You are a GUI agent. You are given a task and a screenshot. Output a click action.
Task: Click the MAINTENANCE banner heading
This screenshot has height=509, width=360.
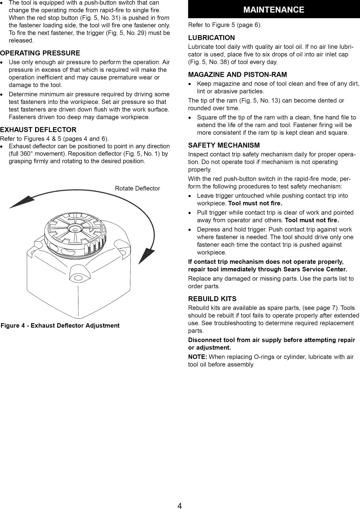274,10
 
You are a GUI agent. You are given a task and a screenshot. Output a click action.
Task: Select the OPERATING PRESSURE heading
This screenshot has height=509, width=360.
40,53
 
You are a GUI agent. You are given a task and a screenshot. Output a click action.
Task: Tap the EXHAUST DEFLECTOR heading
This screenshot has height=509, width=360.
38,130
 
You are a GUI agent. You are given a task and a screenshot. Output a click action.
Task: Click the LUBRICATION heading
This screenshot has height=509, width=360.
211,38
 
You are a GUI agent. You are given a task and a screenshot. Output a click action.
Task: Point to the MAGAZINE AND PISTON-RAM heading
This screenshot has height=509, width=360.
237,74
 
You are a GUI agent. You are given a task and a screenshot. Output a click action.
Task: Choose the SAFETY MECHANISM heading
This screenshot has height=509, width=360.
224,145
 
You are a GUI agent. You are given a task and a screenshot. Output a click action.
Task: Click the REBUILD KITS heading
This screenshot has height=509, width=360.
212,299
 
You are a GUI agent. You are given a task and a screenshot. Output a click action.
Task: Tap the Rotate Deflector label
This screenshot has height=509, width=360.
137,189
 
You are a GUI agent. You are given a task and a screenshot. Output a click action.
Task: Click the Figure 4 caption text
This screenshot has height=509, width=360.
60,326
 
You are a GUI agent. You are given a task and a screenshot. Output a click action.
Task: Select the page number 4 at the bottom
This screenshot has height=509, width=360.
179,506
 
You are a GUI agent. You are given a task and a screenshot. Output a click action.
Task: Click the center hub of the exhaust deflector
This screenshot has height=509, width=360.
76,229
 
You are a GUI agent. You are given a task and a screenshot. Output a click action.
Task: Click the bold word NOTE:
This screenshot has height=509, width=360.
198,357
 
